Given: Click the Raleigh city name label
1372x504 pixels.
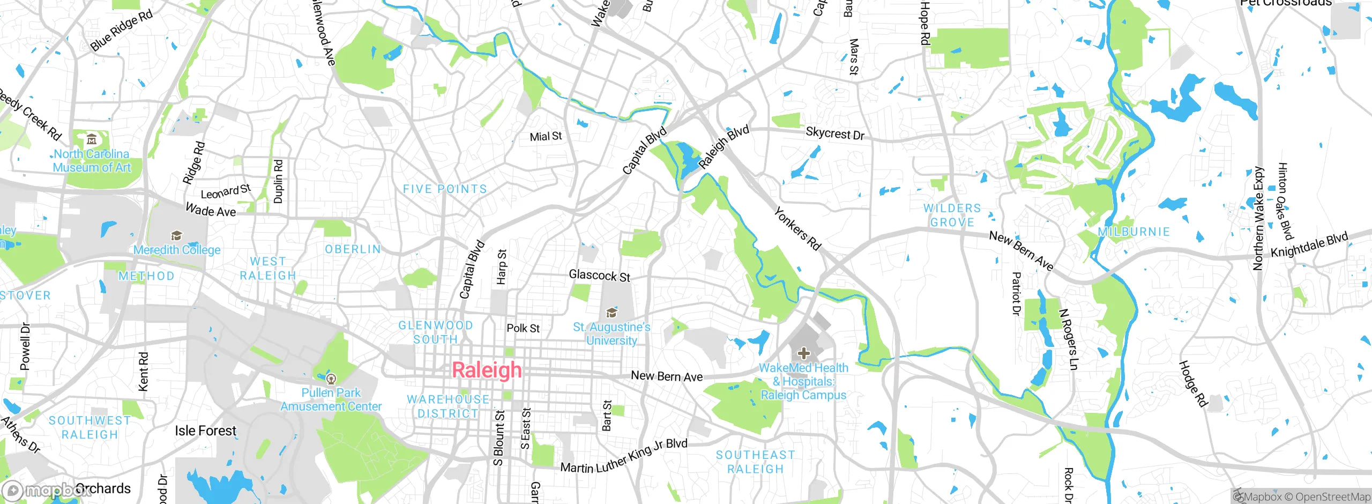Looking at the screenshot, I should click(x=487, y=370).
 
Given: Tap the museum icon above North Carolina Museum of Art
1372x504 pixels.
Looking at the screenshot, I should click(x=92, y=140).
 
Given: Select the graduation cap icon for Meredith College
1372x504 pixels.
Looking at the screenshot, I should click(x=176, y=235).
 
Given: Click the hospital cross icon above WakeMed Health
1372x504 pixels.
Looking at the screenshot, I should click(x=803, y=353).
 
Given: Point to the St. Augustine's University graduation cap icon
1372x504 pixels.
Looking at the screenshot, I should click(x=612, y=313).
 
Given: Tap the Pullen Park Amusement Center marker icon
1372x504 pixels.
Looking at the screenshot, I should click(x=331, y=379).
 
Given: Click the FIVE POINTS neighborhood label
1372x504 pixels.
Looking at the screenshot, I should click(x=445, y=189).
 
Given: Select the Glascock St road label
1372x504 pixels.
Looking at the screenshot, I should click(x=599, y=276).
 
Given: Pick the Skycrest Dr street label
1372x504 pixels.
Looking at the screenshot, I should click(x=835, y=134).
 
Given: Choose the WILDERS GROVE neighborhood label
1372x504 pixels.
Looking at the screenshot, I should click(x=952, y=215).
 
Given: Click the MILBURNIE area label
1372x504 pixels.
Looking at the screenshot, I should click(x=1134, y=232).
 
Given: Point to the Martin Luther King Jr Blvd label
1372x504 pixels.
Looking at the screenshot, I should click(x=623, y=456).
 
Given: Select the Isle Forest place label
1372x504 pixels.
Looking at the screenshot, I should click(x=205, y=431).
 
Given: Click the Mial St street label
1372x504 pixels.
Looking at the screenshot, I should click(x=546, y=137).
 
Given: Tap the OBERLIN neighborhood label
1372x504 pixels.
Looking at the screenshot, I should click(x=353, y=249).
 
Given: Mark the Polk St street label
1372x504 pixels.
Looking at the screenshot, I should click(x=523, y=328).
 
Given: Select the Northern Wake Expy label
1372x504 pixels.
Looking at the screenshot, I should click(x=1258, y=218).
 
